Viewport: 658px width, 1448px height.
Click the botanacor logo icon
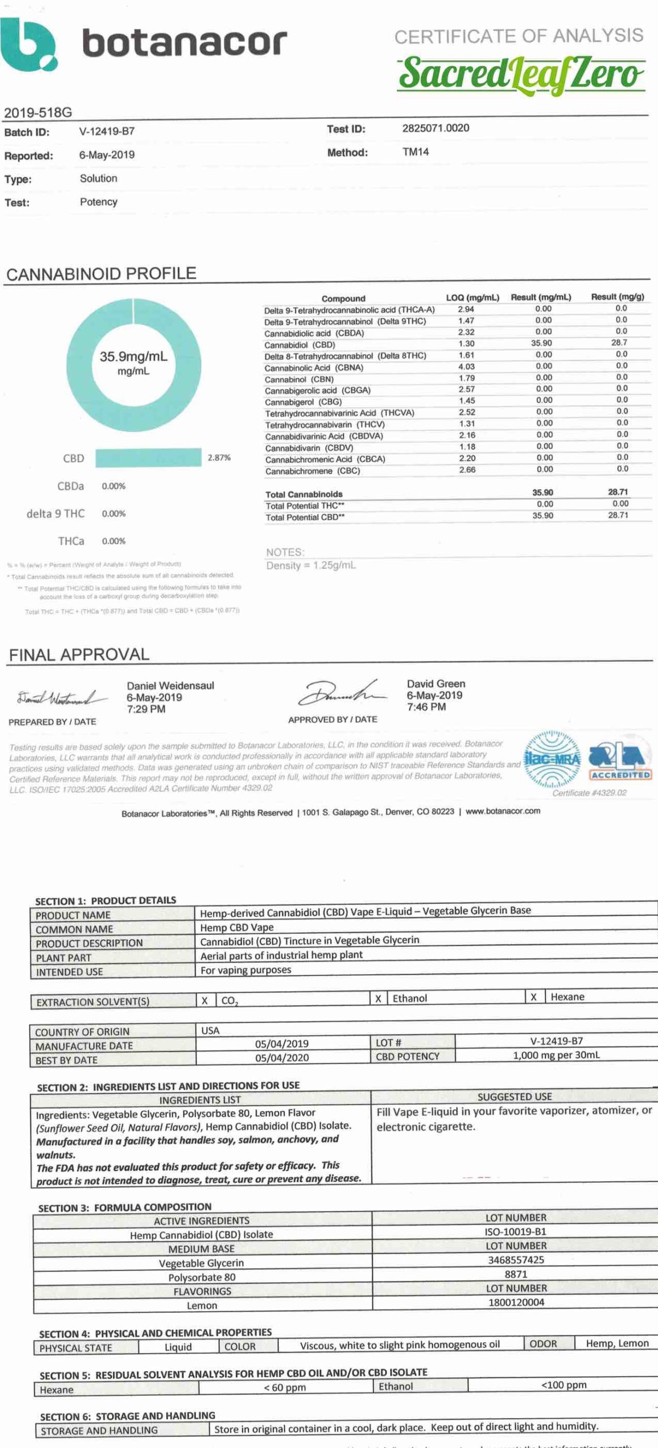point(28,45)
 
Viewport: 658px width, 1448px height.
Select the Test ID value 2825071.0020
point(435,128)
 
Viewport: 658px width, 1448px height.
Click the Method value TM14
point(415,152)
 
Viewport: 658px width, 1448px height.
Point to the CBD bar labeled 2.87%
point(148,458)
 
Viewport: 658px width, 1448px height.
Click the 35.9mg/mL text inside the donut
point(133,356)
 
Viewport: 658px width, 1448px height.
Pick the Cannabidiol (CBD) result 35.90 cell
point(542,343)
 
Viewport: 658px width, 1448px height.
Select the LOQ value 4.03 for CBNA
point(466,367)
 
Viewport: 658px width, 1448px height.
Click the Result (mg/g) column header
point(617,297)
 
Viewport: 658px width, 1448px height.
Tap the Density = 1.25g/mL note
point(311,565)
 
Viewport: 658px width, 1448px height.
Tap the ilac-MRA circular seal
point(552,760)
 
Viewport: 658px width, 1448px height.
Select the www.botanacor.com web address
point(503,811)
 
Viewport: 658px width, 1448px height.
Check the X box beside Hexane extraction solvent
point(533,997)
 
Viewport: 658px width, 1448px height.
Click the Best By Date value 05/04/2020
point(282,1058)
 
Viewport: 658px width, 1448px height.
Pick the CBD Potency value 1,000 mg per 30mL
point(556,1055)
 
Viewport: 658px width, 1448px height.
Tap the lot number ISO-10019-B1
point(516,1232)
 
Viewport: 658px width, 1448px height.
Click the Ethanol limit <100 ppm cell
point(564,1385)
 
